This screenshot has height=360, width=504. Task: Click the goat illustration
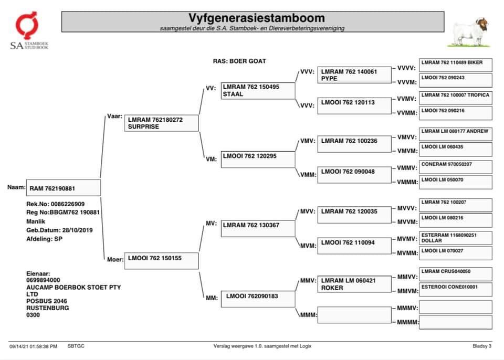tap(470, 33)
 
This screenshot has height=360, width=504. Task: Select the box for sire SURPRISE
tap(162, 123)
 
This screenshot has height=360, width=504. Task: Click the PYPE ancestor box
tap(355, 75)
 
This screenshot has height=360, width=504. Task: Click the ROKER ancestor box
tap(355, 284)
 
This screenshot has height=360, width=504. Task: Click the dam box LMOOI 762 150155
tap(162, 261)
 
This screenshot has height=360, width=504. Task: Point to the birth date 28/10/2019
tap(77, 230)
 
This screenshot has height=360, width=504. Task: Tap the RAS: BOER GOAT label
tap(239, 61)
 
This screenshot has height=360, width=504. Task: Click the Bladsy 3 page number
tap(482, 346)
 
